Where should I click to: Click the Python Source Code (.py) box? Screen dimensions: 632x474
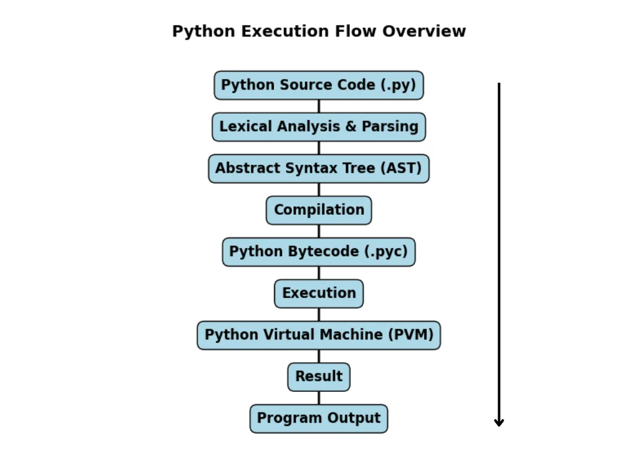(x=319, y=85)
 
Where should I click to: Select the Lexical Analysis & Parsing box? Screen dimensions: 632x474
(x=319, y=127)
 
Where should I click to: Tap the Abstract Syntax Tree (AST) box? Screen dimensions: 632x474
(x=319, y=168)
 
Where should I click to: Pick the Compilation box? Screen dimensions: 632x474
(x=319, y=210)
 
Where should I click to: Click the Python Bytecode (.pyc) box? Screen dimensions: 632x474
(x=319, y=252)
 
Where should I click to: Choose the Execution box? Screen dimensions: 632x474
(x=319, y=294)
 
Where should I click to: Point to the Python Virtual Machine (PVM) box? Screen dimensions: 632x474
(x=319, y=335)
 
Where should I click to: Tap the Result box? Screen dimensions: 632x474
(x=319, y=377)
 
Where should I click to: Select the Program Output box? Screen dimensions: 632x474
(x=319, y=419)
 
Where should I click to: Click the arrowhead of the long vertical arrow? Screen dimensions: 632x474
(x=499, y=424)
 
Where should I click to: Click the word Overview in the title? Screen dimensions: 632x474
(x=424, y=31)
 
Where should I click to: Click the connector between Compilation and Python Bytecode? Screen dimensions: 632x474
(x=319, y=231)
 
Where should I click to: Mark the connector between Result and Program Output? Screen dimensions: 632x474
(x=319, y=398)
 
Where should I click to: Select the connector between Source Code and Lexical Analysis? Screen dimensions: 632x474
(x=319, y=106)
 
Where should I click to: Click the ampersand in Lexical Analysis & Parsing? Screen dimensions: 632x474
(x=351, y=127)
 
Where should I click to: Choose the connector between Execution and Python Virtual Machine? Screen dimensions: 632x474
(x=319, y=315)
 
